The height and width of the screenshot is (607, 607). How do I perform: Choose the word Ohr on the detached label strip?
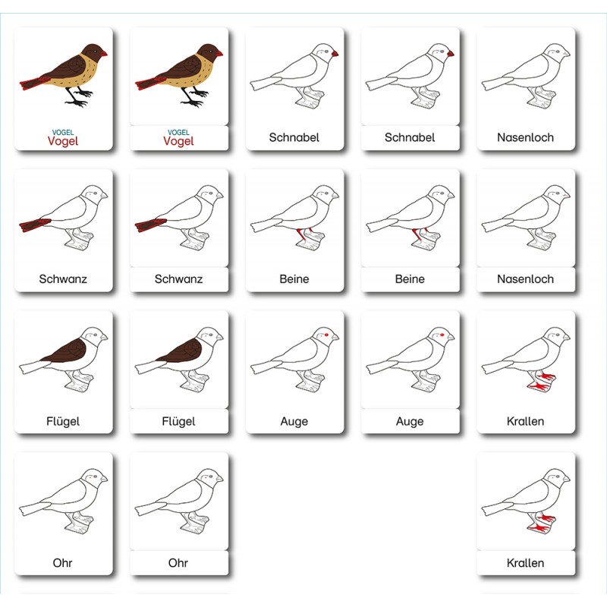(178, 563)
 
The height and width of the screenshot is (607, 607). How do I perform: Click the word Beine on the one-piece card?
(294, 278)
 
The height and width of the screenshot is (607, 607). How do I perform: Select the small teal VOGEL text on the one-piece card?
(63, 132)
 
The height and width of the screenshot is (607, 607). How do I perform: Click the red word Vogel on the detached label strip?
(178, 141)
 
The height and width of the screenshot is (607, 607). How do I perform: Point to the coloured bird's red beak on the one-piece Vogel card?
(103, 53)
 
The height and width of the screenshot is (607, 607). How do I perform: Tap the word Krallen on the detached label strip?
(526, 563)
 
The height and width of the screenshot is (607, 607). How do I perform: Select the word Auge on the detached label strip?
(410, 421)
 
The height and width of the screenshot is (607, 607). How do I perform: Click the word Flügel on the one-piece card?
(63, 421)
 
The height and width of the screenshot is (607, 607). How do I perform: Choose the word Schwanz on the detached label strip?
(178, 278)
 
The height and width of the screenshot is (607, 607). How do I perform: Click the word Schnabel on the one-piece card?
(294, 137)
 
